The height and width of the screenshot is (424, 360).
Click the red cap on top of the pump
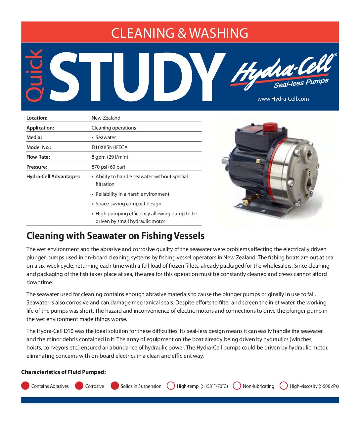coord(270,127)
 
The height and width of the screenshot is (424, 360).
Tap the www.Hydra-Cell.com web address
coord(283,99)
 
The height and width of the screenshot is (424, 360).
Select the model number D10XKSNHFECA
coord(110,147)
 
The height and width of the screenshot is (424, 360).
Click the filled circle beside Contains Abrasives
coord(25,386)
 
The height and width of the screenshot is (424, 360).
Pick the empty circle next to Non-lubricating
coord(237,386)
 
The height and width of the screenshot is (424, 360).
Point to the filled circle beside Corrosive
coord(79,386)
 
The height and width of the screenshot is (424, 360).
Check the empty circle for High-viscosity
coord(284,386)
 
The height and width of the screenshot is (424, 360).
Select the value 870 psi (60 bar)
coord(108,167)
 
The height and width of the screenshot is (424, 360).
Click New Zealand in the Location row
coord(106,118)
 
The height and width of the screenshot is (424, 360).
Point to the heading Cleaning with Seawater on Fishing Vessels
coord(115,236)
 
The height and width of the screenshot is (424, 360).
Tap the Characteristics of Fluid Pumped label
coord(64,372)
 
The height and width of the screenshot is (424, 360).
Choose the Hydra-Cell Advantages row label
coord(53,177)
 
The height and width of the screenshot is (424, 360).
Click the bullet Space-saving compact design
coord(128,204)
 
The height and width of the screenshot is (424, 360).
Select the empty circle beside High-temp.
coord(171,386)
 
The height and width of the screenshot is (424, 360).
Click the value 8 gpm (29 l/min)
coord(110,157)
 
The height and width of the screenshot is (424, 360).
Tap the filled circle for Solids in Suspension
coord(114,386)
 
